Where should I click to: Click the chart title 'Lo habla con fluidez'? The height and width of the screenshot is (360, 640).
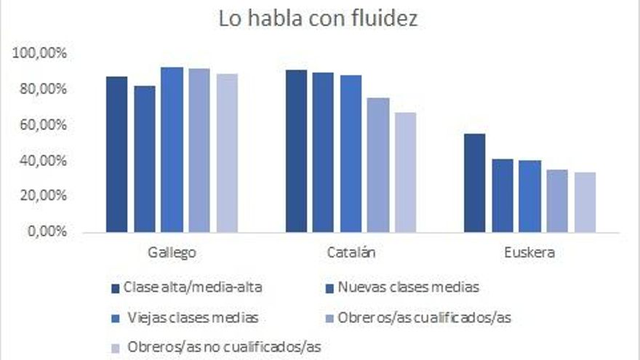(319, 20)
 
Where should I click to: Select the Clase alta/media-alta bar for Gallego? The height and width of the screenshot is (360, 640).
(116, 154)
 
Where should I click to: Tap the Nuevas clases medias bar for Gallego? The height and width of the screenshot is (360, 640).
(144, 159)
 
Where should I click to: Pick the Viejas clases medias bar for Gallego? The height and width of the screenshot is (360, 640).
(172, 150)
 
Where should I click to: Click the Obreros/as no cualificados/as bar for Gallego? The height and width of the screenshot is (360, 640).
(227, 153)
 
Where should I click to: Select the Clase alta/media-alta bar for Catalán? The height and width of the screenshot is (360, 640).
(296, 151)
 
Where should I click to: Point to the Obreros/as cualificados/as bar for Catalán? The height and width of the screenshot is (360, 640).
(377, 165)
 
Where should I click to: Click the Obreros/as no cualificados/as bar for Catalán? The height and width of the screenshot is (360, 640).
(405, 172)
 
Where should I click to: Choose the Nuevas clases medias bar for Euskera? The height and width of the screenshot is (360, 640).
(503, 196)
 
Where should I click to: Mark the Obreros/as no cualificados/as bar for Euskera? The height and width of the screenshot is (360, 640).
(585, 202)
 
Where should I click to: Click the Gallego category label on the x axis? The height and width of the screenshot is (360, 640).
(172, 253)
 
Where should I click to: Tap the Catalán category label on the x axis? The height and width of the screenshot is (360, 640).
(351, 253)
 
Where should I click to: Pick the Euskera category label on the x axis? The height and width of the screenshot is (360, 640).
(529, 253)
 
